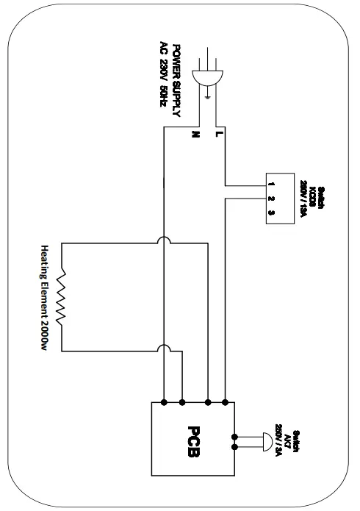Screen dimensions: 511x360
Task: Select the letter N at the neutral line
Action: coord(195,135)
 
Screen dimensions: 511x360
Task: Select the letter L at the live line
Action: coord(217,135)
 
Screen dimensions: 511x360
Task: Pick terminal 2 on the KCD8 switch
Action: coord(271,198)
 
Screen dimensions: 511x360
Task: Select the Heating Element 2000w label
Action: coord(44,298)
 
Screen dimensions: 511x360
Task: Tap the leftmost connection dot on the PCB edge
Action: coord(162,402)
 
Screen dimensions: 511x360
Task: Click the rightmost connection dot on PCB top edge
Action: coord(225,402)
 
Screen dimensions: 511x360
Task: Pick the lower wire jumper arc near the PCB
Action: coord(162,351)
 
